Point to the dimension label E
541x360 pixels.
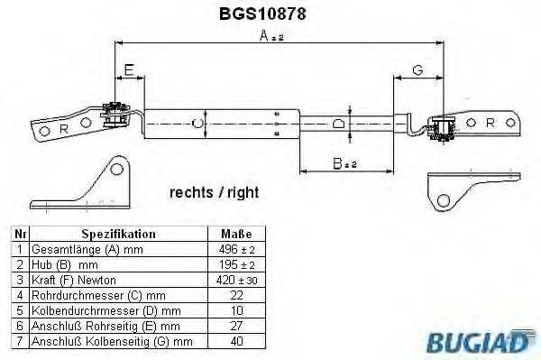pos(129,70)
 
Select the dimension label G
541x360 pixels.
pos(417,70)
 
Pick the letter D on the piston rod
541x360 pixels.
pos(336,124)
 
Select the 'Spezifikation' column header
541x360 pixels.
pos(118,233)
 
